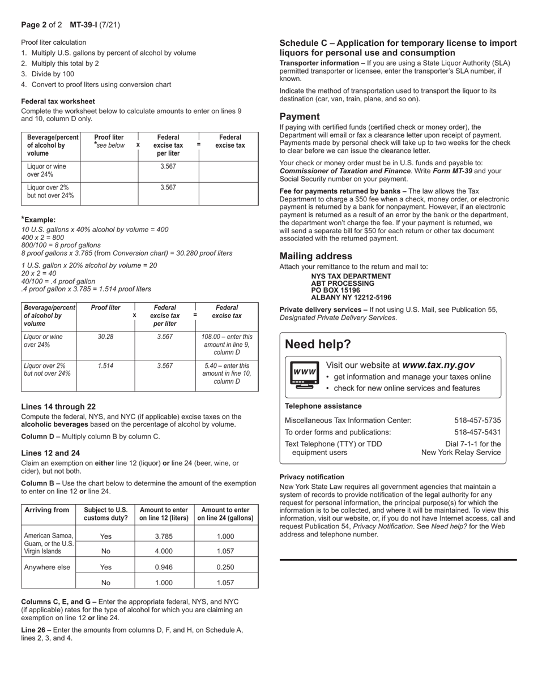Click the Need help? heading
[318, 344]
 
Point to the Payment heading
[300, 117]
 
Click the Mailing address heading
[315, 256]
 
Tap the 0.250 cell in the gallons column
[225, 566]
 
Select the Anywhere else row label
[48, 566]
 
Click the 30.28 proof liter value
[105, 337]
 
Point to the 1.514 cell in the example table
[105, 366]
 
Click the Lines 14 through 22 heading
[58, 406]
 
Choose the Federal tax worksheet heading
[58, 101]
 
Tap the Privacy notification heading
[311, 477]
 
